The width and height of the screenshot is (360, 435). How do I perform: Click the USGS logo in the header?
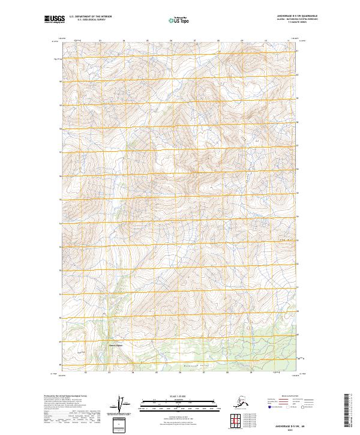53,20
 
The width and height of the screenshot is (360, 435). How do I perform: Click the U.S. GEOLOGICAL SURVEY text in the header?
90,21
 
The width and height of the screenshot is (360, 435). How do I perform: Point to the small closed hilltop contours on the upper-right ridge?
246,139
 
